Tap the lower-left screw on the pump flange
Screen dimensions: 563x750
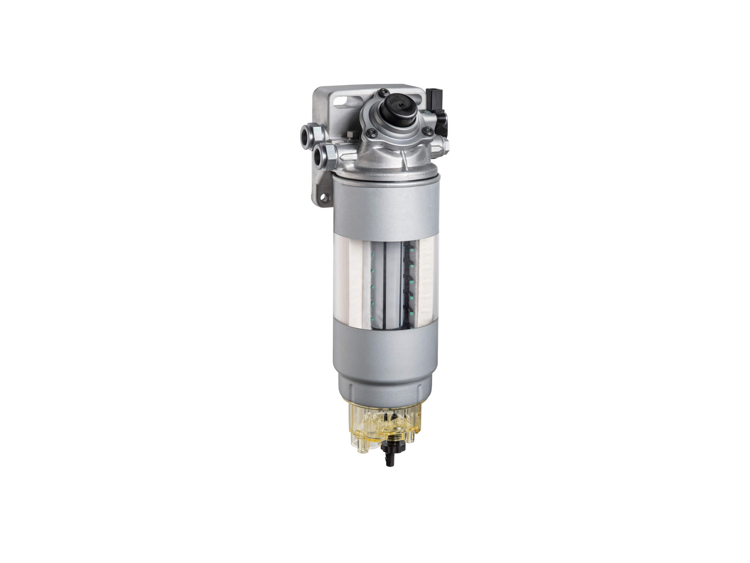tap(371, 131)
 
